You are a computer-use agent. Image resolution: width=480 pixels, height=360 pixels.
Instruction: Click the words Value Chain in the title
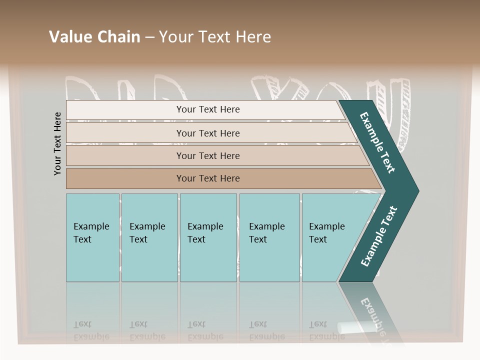coord(94,36)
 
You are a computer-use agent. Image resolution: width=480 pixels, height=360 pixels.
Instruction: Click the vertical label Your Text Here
coord(57,143)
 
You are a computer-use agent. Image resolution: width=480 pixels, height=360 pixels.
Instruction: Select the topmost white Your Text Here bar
coord(207,109)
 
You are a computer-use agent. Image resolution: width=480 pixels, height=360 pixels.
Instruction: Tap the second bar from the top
coord(207,133)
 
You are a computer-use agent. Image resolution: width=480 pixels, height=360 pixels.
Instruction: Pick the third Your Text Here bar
coord(207,155)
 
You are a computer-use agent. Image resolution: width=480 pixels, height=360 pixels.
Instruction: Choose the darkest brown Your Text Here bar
coord(207,178)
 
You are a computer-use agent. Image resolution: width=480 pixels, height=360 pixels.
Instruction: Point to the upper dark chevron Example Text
coord(377,143)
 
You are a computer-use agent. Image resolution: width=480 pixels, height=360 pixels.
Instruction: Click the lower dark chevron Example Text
coord(378,236)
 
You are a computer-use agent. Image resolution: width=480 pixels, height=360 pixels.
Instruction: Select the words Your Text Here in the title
coord(215,36)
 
